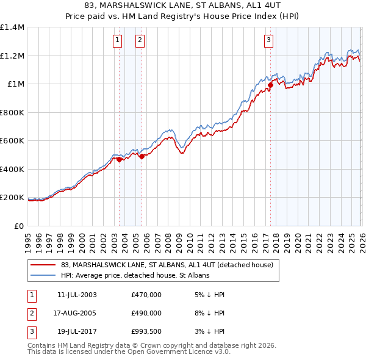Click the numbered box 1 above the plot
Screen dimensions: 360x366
click(x=117, y=41)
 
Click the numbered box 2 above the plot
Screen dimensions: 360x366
click(x=140, y=41)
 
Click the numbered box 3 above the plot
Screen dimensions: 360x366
click(x=268, y=41)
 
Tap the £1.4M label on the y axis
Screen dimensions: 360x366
click(x=12, y=27)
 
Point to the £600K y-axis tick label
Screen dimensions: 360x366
click(x=12, y=141)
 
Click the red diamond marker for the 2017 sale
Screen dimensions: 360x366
click(x=270, y=84)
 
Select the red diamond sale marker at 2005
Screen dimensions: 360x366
click(x=142, y=157)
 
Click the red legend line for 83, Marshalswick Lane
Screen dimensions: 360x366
click(x=43, y=265)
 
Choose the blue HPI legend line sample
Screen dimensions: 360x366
click(x=43, y=276)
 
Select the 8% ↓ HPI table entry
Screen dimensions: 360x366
click(x=212, y=312)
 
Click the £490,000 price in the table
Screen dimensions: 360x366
click(x=146, y=312)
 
